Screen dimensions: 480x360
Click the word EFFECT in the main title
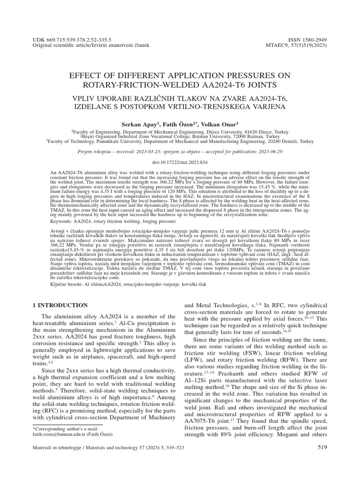pyautogui.click(x=86, y=75)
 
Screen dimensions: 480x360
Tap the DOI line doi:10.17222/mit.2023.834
pyautogui.click(x=180, y=162)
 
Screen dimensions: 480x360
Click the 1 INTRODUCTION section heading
pyautogui.click(x=60, y=305)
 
